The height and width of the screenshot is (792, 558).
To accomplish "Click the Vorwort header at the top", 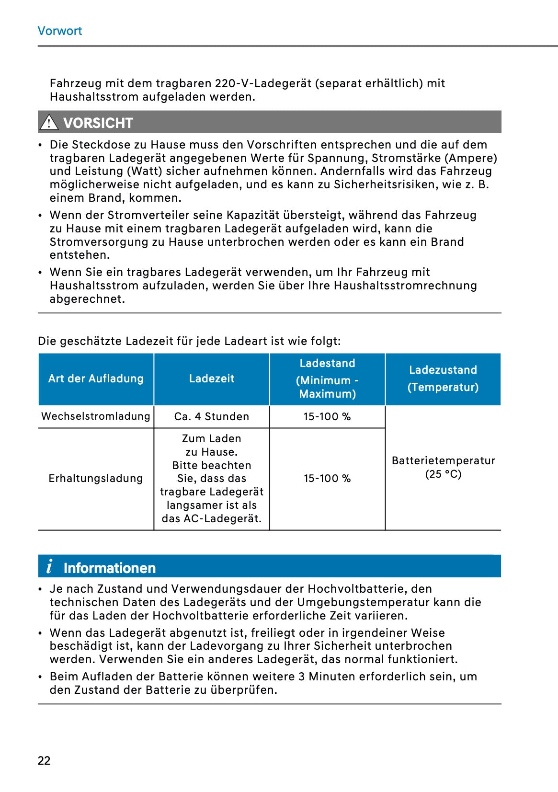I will point(60,31).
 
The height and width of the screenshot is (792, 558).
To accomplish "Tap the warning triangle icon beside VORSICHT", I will point(49,123).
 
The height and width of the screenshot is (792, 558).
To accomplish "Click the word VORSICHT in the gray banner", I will point(98,123).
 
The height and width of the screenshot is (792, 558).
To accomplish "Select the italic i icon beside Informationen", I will point(49,567).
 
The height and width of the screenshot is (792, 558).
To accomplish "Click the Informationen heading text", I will point(110,568).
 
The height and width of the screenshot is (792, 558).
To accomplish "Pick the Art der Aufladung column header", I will point(96,379).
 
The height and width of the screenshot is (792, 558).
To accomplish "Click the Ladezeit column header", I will point(212,379).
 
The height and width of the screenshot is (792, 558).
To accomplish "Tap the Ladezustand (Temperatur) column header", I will point(443,379).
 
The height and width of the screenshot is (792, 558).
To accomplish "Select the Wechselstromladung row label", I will point(96,416).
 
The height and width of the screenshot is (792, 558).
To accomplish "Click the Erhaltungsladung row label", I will point(96,478).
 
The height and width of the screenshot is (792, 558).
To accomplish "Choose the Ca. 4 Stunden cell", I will point(212,416).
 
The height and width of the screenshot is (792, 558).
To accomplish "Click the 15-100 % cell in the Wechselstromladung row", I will point(327,416).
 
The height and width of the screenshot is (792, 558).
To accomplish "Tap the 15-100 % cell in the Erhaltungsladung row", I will point(327,478).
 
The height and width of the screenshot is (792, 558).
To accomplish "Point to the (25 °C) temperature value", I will point(443,474).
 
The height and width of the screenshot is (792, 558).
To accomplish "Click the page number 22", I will point(44,760).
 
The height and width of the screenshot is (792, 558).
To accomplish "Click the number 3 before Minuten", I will point(301,677).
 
